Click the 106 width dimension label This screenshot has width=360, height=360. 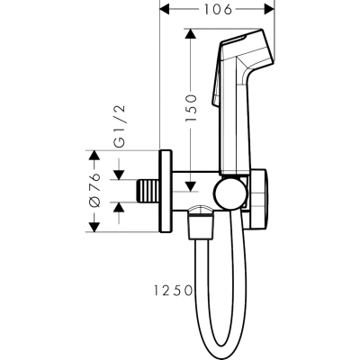(x=218, y=9)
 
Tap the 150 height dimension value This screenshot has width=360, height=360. (x=191, y=108)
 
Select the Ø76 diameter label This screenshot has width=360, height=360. (x=94, y=191)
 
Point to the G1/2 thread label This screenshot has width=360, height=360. (x=120, y=126)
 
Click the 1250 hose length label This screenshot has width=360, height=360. (x=173, y=291)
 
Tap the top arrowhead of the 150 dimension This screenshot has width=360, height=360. (x=191, y=34)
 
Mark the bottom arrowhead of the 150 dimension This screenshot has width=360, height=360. (x=191, y=186)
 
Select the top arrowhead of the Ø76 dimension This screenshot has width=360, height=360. (x=94, y=156)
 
